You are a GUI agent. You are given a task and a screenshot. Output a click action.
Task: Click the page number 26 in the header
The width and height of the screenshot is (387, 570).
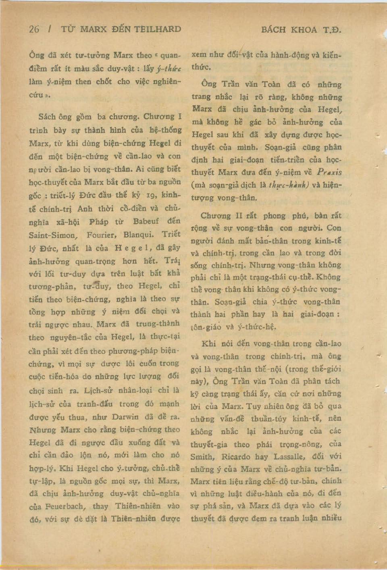[34, 29]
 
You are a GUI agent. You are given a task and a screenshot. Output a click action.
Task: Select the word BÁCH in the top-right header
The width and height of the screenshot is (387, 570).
[274, 29]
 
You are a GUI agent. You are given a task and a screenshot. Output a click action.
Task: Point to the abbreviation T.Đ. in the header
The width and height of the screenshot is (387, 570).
[332, 29]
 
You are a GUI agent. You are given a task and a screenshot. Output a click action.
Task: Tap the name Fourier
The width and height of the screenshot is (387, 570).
[102, 235]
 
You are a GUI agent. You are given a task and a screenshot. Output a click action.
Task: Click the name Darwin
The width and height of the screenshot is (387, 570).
[125, 417]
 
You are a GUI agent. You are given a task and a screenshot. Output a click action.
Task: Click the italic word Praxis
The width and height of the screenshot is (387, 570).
[329, 172]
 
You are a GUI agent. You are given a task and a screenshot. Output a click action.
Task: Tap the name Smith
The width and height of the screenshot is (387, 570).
[202, 457]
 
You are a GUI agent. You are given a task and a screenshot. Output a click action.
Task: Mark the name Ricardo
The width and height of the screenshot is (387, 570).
[236, 457]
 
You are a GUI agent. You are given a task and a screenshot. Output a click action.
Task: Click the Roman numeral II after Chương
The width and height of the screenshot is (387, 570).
[239, 215]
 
